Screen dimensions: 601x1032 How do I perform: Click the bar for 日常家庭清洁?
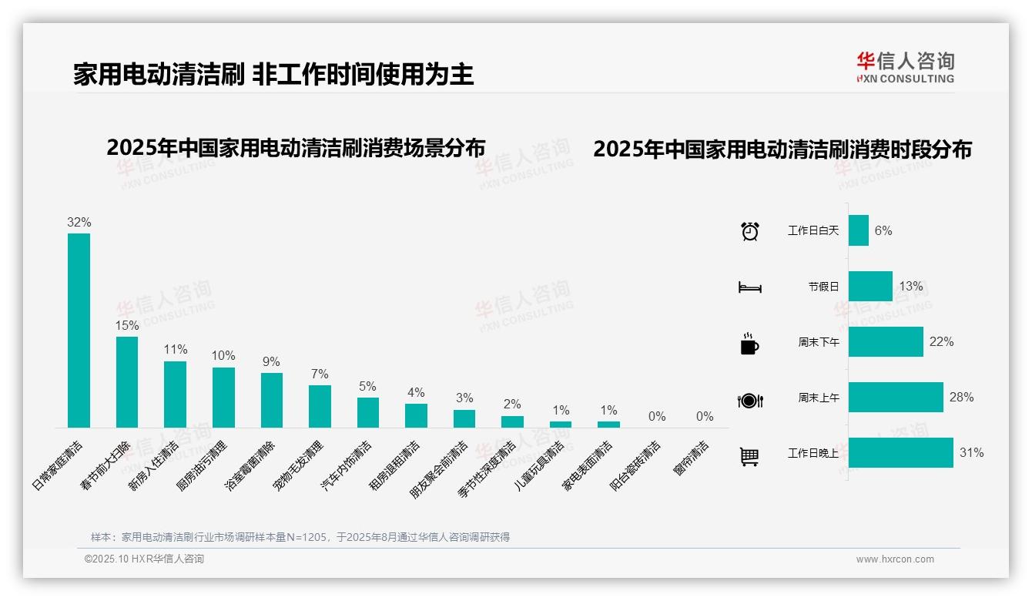(x=79, y=330)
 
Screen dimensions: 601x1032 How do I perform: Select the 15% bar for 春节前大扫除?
(x=127, y=381)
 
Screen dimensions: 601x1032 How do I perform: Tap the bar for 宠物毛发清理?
(x=320, y=406)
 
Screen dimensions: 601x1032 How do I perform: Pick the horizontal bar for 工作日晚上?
(x=900, y=453)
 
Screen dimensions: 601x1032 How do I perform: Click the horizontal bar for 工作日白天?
(x=858, y=230)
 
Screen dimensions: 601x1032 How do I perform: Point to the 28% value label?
(x=961, y=398)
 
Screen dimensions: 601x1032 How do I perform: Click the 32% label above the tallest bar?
(x=79, y=223)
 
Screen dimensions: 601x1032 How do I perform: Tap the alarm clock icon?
(x=749, y=231)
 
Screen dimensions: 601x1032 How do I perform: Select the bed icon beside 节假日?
(x=749, y=287)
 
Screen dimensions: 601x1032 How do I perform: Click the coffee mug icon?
(x=749, y=343)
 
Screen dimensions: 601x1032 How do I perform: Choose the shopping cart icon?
(x=749, y=456)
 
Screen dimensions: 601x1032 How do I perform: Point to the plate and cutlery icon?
(x=749, y=400)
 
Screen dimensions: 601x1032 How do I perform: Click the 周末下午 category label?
(x=818, y=342)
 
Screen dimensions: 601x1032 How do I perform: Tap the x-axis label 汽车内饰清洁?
(x=346, y=467)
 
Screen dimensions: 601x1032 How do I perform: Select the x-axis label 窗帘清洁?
(x=691, y=458)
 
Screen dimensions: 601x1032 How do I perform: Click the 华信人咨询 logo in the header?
(x=905, y=68)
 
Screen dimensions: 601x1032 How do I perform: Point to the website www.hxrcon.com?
(x=895, y=559)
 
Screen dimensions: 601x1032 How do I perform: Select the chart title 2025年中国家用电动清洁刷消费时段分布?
(x=782, y=149)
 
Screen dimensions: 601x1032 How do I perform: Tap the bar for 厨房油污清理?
(x=223, y=397)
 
